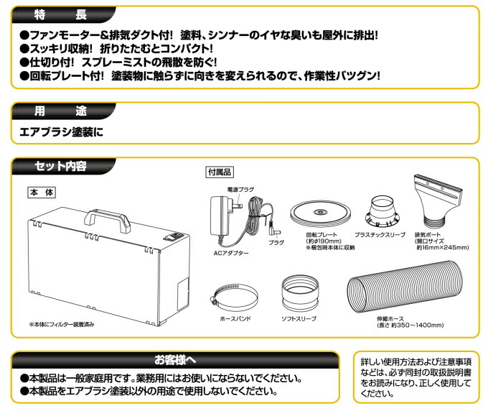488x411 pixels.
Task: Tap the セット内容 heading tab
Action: (x=61, y=167)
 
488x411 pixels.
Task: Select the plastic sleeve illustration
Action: (x=385, y=211)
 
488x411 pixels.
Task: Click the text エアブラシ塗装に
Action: (x=62, y=131)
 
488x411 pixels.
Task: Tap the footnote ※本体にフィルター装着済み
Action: (x=62, y=325)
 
